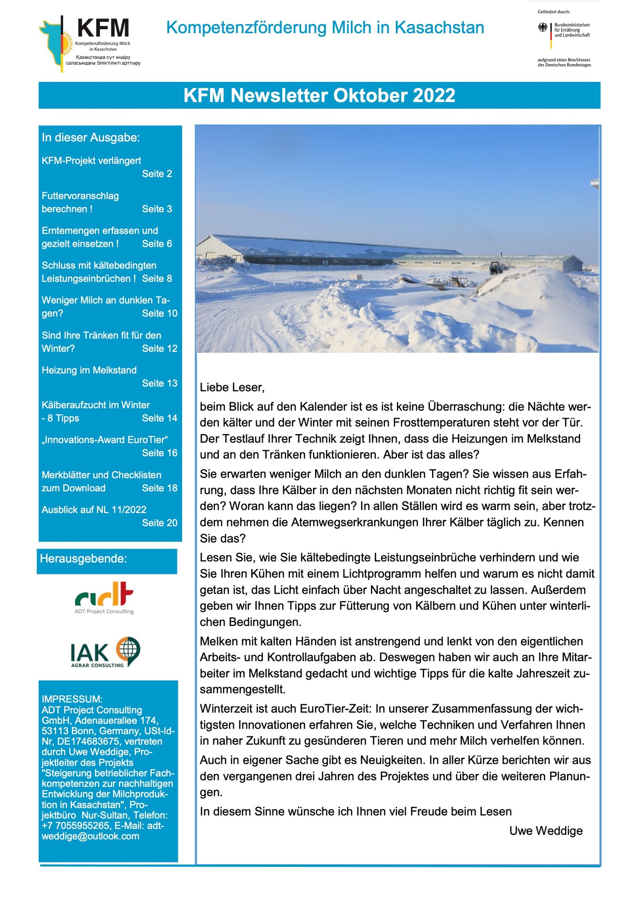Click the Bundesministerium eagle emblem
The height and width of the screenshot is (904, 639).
click(x=542, y=28)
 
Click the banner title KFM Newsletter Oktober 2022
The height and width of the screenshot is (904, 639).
click(x=319, y=95)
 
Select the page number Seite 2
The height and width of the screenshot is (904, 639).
click(x=157, y=174)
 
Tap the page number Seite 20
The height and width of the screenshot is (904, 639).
click(x=159, y=523)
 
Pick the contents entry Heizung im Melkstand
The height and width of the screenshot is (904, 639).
click(x=89, y=370)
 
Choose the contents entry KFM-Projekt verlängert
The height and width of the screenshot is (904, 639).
click(x=91, y=161)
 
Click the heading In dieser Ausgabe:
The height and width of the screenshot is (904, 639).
click(x=91, y=137)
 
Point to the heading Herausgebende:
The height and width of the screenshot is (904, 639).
click(x=83, y=558)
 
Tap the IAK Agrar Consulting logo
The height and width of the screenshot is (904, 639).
click(x=105, y=652)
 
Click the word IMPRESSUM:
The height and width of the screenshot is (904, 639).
click(x=72, y=699)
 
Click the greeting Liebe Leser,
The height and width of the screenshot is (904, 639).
click(x=232, y=387)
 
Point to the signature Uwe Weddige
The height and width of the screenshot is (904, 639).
click(x=546, y=830)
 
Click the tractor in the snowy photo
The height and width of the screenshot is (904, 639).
click(x=496, y=267)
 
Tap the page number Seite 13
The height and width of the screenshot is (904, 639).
click(x=159, y=383)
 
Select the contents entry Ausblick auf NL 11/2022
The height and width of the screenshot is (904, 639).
click(x=94, y=509)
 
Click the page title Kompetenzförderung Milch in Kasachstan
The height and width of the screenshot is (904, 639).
click(x=325, y=28)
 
